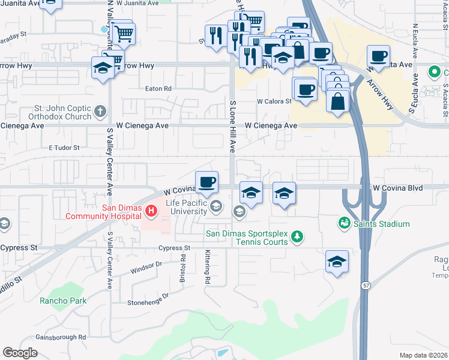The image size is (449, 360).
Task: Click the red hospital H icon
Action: coord(152,211)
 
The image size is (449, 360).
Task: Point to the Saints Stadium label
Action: coord(381,224)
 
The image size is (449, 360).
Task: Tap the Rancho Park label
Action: coord(63,301)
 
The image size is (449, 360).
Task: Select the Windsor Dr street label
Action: coord(146,265)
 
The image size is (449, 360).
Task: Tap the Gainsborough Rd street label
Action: coord(60,337)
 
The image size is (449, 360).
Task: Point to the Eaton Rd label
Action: coord(158,88)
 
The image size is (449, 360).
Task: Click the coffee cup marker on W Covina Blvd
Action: coord(206,182)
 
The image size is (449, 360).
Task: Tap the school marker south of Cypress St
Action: coord(337,262)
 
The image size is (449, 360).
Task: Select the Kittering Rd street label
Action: coord(207,267)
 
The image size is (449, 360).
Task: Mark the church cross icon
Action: coord(100,112)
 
